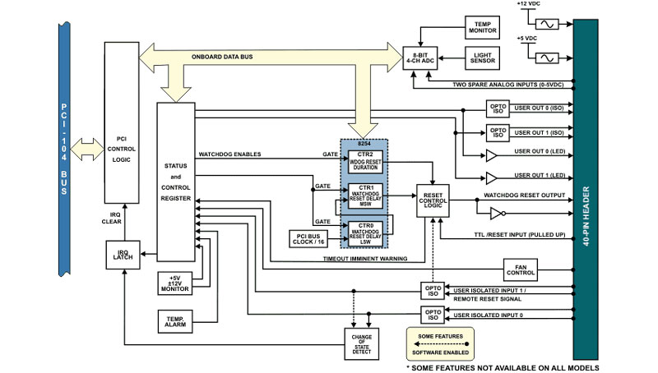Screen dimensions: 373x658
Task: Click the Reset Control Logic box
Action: point(433,199)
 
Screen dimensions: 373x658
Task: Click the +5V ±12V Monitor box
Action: point(175,282)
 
